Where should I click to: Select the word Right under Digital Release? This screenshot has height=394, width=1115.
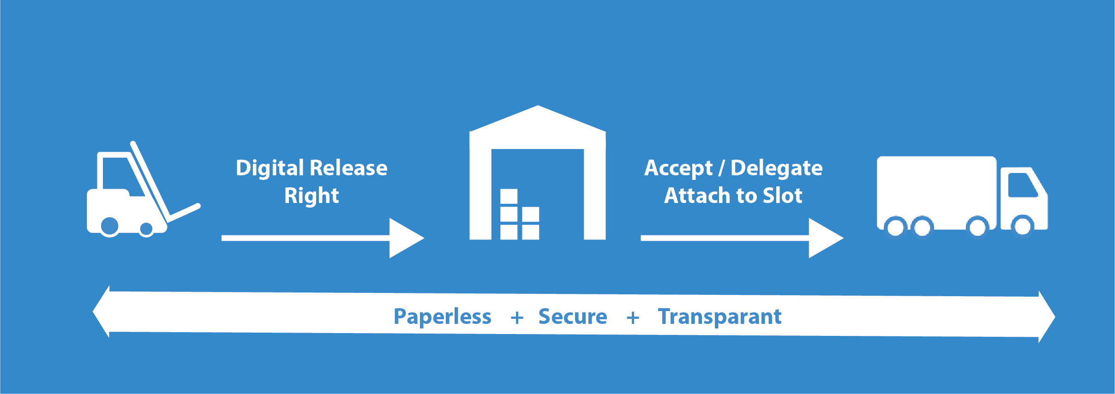coord(312,196)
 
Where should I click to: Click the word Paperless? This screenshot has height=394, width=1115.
coord(442,317)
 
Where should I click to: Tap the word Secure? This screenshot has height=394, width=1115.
coord(573,316)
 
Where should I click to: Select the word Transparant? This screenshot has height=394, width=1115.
coord(719,316)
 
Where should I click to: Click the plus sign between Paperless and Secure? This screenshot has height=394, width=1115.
coord(517,317)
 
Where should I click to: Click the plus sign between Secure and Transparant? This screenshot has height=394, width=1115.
coord(633,317)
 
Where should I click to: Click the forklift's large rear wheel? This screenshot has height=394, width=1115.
coord(110,226)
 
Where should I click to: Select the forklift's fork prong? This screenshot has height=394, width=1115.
coord(185,211)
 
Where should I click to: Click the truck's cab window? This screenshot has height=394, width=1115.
coord(1023,185)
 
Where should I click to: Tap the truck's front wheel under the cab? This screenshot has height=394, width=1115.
coord(1022,226)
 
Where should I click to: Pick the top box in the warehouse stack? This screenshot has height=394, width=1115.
coord(509,196)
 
